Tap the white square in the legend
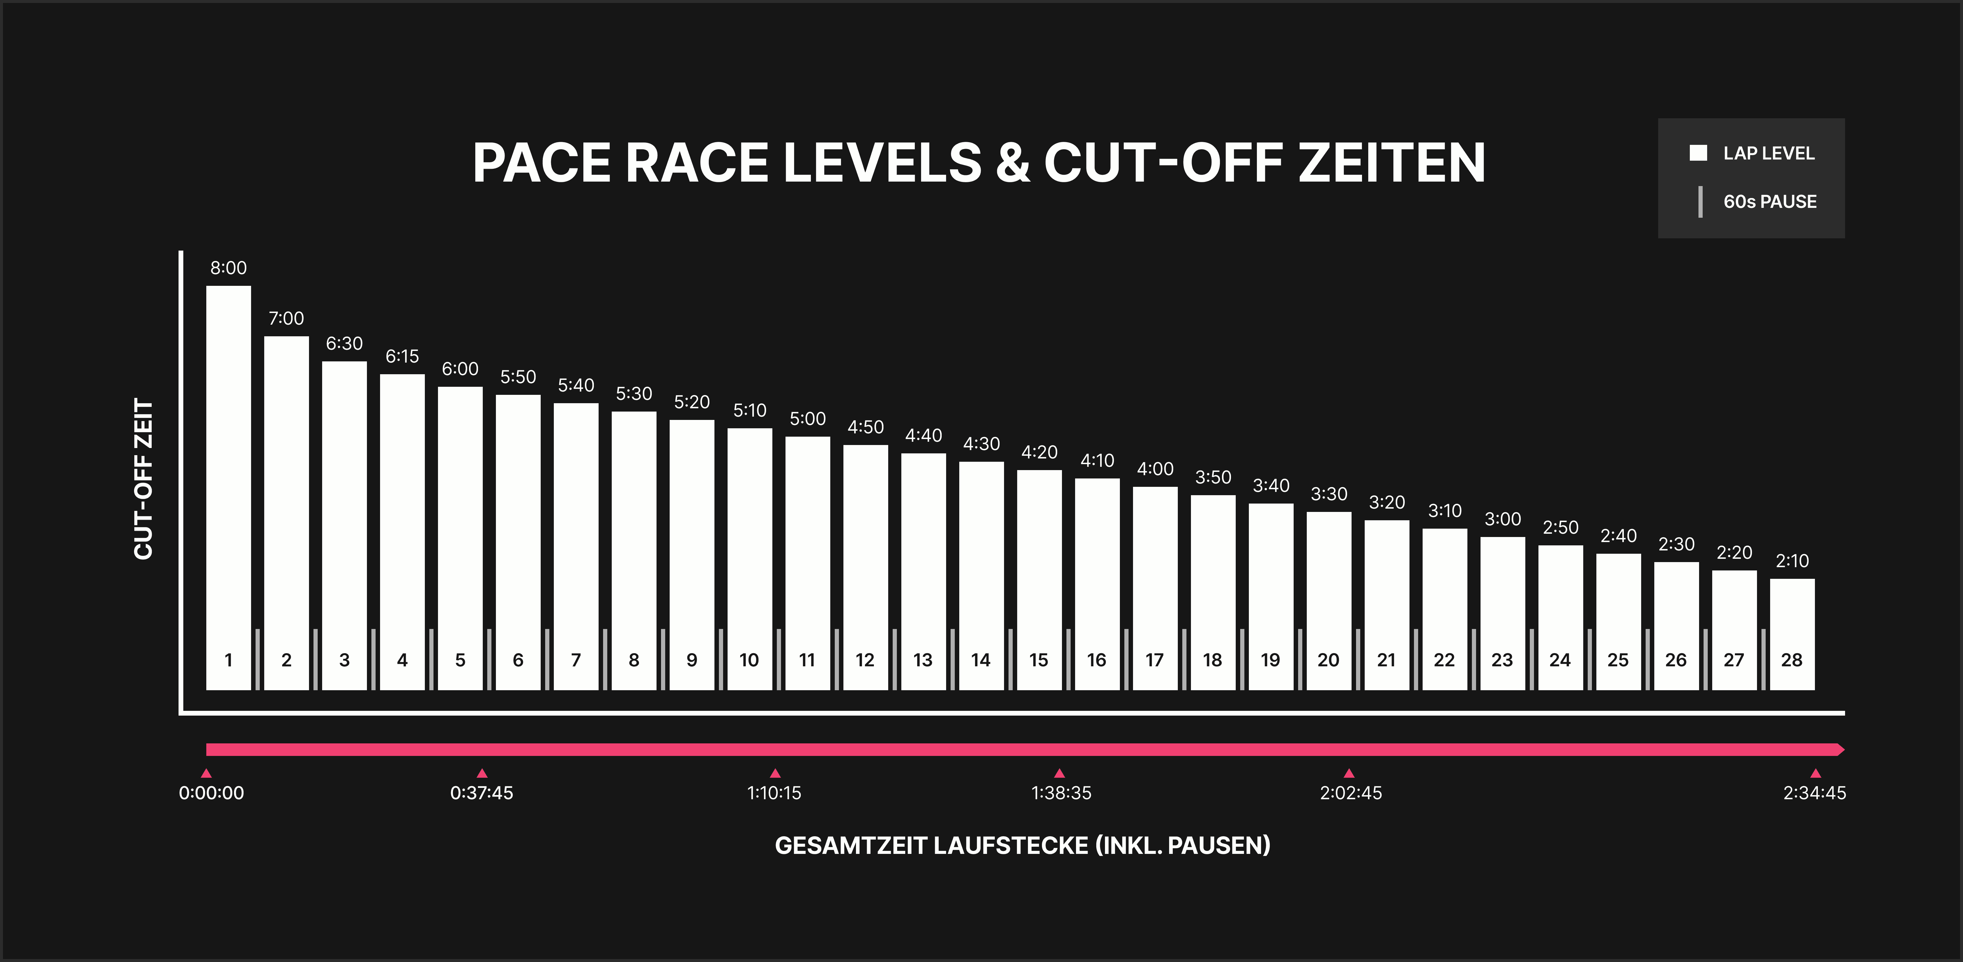(x=1698, y=153)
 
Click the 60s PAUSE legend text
(x=1770, y=202)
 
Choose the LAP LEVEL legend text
(x=1769, y=153)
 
